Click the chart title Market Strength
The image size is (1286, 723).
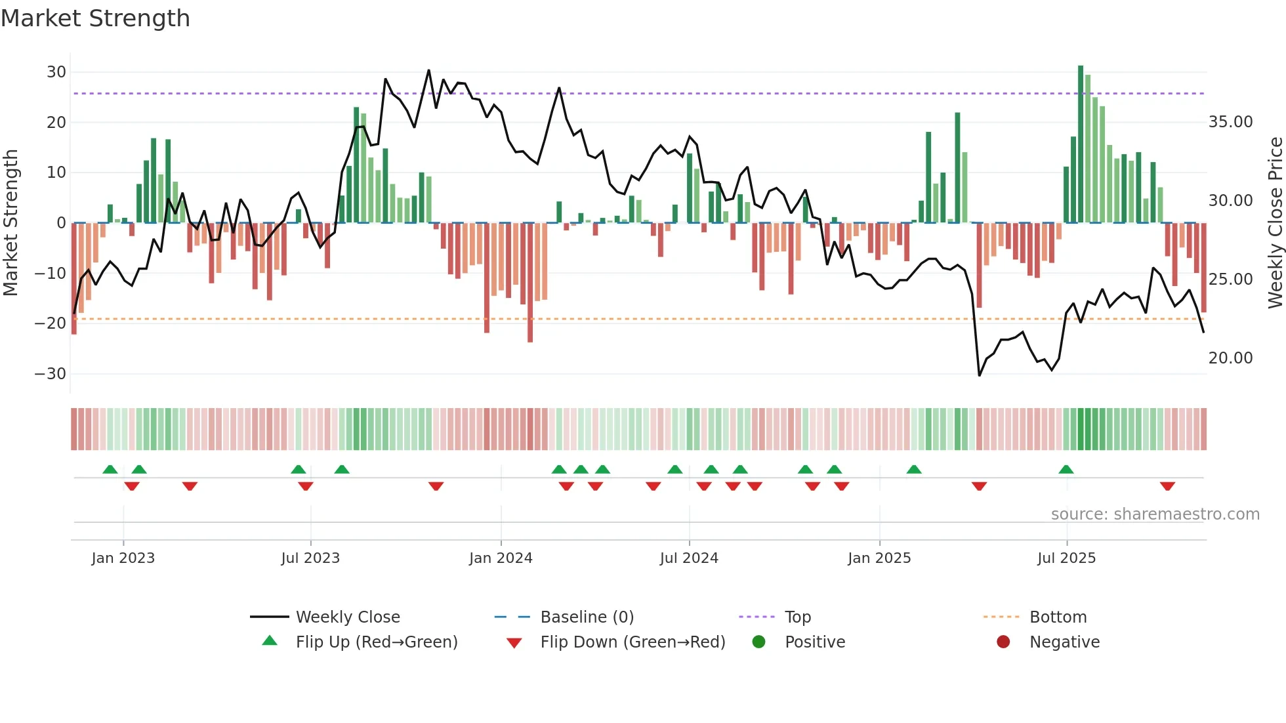coord(95,18)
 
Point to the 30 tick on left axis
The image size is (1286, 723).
coord(56,72)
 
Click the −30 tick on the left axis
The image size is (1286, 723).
coord(51,374)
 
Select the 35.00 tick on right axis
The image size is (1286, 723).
coord(1230,122)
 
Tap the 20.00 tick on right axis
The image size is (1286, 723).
coord(1230,358)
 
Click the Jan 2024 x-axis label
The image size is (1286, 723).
coord(501,558)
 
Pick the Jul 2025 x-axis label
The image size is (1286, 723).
coord(1066,558)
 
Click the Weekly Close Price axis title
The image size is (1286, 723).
coord(1275,223)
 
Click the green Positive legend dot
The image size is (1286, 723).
coord(759,642)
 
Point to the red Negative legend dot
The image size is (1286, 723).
coord(1003,642)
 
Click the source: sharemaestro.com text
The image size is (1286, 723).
coord(1155,514)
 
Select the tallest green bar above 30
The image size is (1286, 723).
coord(1081,144)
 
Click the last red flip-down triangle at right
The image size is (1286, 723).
coord(1167,486)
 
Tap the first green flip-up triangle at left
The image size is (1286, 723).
coord(110,470)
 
